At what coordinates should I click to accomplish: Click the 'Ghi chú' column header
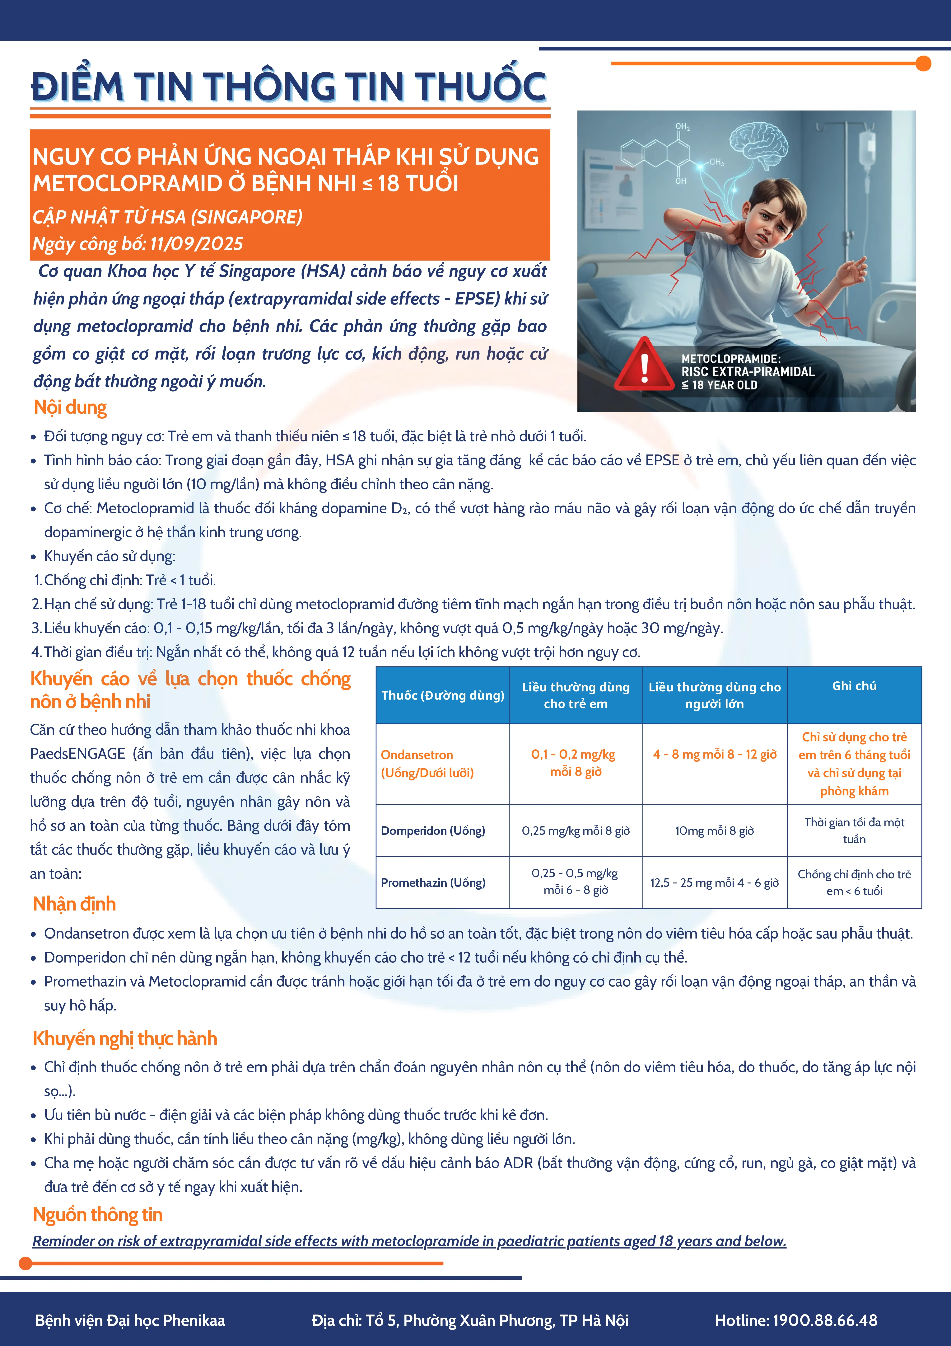854,686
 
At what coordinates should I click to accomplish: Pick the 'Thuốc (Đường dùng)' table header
442,695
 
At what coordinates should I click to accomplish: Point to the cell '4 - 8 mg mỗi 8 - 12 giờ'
714,755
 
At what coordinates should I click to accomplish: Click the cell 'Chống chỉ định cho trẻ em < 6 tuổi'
854,882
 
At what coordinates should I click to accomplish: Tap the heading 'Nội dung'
70,407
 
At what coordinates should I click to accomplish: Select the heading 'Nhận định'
74,904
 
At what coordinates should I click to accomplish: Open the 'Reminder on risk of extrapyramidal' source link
409,1241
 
